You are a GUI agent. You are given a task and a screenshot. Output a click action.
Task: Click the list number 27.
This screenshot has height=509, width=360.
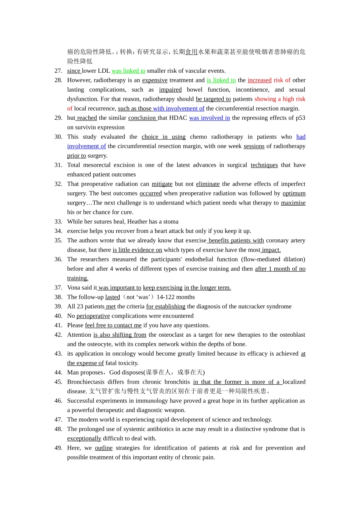[x=58, y=71]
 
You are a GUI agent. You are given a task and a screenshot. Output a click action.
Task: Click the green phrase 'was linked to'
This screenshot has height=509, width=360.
[x=128, y=71]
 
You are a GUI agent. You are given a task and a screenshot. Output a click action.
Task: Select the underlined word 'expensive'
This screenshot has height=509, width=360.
[x=155, y=80]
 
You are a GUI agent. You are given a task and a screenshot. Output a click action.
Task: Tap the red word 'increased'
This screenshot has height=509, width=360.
[x=260, y=80]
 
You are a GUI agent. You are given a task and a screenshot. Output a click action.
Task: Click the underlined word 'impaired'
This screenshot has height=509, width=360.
[x=170, y=90]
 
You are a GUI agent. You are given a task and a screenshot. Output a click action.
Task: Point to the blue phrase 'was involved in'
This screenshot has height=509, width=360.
[x=210, y=118]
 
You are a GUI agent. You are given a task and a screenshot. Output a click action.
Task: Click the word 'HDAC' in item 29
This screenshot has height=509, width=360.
[x=178, y=118]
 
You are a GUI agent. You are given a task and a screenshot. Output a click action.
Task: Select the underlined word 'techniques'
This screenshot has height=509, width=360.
[x=264, y=165]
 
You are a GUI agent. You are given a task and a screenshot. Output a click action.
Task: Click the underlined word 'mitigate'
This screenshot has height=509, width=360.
[x=162, y=184]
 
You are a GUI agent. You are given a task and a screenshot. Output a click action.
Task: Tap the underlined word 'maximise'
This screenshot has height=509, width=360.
[x=293, y=203]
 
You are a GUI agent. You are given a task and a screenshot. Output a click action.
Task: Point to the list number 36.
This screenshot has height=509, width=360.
[x=58, y=259]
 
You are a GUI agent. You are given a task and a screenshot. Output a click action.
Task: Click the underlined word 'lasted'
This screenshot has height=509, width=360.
[x=113, y=297]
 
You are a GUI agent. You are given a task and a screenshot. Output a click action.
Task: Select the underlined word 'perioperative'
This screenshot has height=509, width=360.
[x=93, y=316]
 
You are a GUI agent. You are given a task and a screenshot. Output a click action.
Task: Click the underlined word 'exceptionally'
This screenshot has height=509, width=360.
[x=84, y=439]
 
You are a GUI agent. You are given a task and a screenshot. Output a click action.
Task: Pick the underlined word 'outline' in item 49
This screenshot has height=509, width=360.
[x=103, y=448]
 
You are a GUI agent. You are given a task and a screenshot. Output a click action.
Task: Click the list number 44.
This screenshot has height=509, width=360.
[x=58, y=373]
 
